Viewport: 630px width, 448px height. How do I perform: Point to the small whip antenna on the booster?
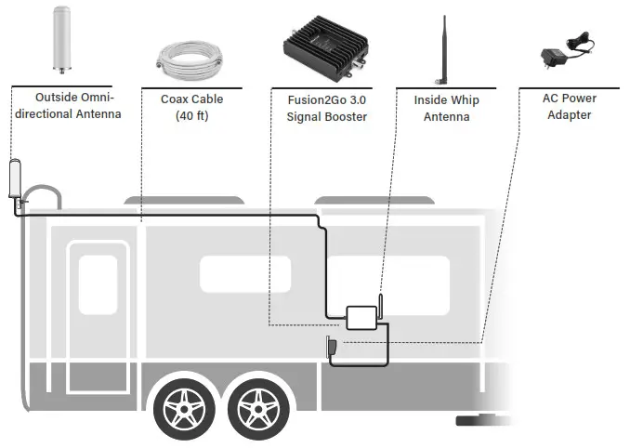pyautogui.click(x=380, y=308)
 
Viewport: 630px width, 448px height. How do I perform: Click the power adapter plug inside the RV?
pyautogui.click(x=331, y=349)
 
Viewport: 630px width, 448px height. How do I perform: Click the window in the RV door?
pyautogui.click(x=98, y=283)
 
